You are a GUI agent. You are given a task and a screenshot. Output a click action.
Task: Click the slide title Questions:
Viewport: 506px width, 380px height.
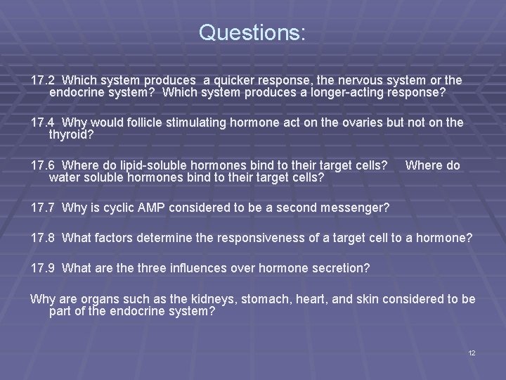click(x=252, y=33)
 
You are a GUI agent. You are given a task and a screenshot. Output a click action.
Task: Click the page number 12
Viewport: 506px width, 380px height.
click(x=472, y=353)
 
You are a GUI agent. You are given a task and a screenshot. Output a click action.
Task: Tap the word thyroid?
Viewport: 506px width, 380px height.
click(x=70, y=134)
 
